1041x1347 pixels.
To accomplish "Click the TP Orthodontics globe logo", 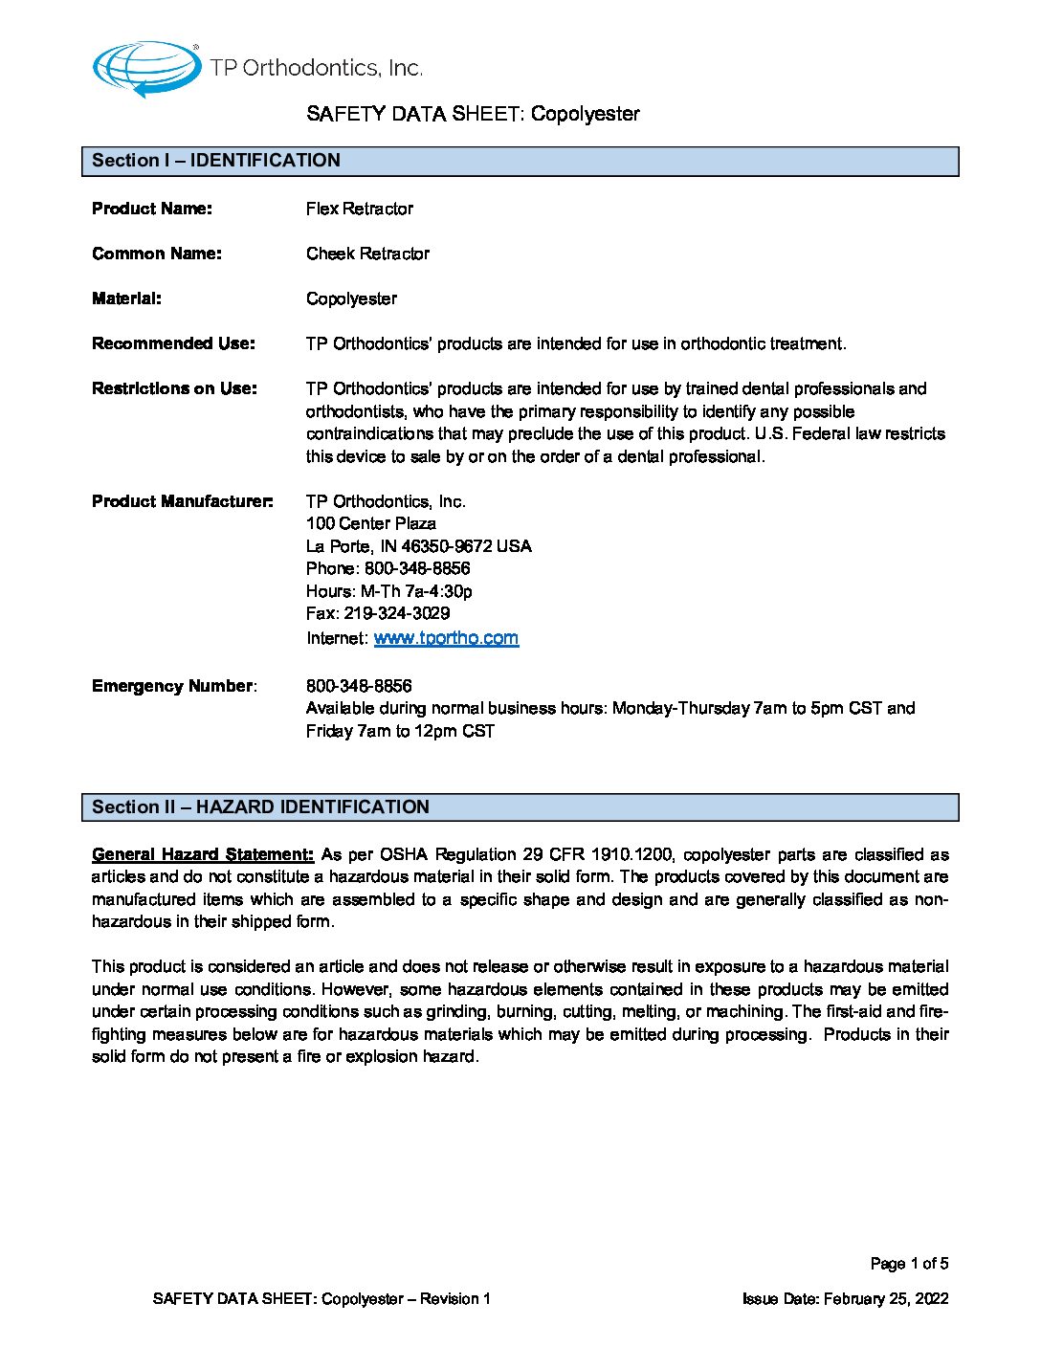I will tap(145, 69).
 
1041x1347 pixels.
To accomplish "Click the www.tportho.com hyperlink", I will tap(446, 638).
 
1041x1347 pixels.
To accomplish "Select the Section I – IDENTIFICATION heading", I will tap(216, 161).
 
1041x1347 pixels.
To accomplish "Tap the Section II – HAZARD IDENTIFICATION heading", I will tap(260, 807).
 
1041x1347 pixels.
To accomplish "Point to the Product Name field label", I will tap(152, 209).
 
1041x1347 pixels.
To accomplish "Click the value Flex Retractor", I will tap(360, 209).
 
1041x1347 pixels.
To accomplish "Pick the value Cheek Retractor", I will tap(367, 254).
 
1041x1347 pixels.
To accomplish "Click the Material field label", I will tap(126, 298).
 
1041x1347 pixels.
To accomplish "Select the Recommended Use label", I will tap(173, 343).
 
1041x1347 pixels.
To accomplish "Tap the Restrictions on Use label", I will tap(174, 388).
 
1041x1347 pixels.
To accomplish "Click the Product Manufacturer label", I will tap(182, 501).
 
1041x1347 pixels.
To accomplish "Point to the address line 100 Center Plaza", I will tap(371, 523).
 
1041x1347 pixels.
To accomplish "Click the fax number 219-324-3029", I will tap(396, 613).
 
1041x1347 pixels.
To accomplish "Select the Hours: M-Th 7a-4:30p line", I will tap(389, 591).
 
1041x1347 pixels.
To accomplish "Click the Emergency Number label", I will tap(173, 686).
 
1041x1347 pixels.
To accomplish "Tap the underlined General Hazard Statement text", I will tap(202, 854).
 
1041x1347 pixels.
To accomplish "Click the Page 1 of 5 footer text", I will tap(909, 1264).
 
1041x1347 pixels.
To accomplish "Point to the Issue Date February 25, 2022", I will tap(846, 1298).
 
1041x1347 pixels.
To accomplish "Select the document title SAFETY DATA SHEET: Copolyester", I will tap(473, 114).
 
